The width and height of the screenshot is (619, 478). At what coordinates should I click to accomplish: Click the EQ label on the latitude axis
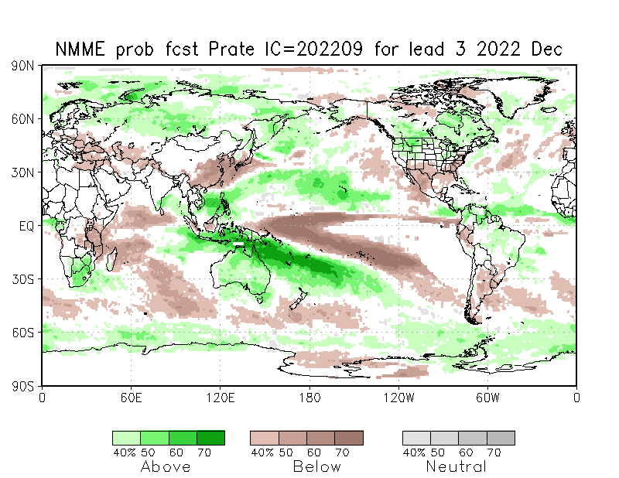tap(27, 226)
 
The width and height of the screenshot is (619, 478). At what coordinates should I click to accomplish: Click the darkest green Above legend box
tap(210, 438)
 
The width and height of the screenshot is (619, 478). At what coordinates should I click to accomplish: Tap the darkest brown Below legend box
tap(349, 438)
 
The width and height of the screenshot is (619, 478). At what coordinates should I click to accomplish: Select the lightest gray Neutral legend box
tap(416, 438)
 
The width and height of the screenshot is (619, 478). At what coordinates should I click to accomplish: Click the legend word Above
tap(166, 466)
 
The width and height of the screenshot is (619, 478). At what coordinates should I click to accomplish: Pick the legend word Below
tap(316, 466)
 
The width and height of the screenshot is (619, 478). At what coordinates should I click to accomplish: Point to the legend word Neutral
tap(457, 466)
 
